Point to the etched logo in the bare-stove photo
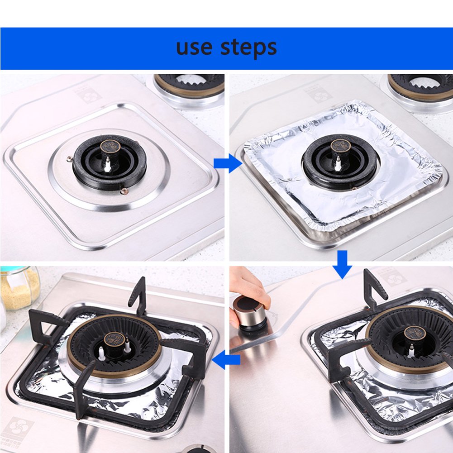click(x=84, y=95)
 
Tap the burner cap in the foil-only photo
click(x=340, y=146)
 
